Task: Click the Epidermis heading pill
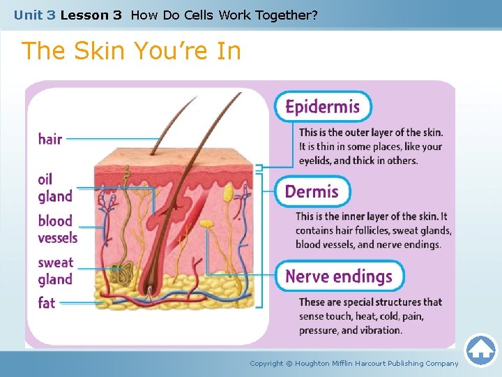tap(323, 107)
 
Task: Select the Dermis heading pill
tap(312, 191)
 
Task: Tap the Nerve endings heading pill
tap(339, 276)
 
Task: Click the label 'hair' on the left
tap(50, 139)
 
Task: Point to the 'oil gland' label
tap(54, 187)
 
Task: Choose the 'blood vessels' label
tap(57, 229)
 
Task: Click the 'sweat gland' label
tap(55, 271)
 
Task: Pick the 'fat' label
tap(47, 303)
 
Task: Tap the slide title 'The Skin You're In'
tap(131, 51)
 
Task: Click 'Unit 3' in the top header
tap(34, 14)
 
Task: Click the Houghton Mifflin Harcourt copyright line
tap(354, 363)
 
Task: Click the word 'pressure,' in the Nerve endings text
tap(319, 330)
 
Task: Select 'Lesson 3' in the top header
tap(91, 14)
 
